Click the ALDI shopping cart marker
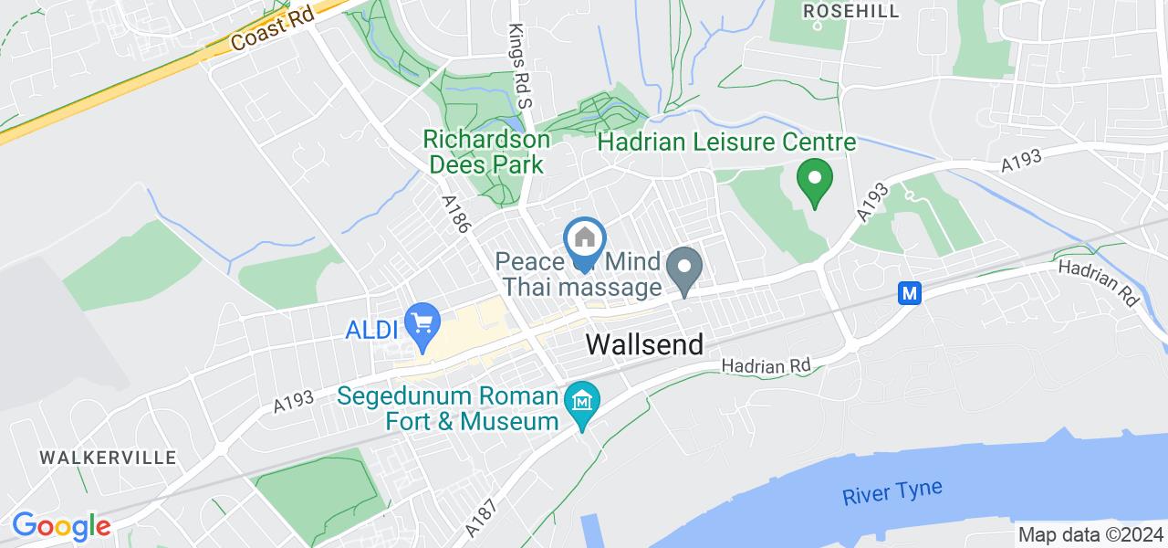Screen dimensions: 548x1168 pos(422,324)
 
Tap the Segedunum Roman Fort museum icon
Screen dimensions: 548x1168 pos(581,401)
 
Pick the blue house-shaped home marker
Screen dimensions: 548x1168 pos(584,239)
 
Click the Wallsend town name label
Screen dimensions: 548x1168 pos(644,344)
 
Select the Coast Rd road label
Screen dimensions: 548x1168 pos(271,30)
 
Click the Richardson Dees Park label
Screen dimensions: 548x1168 pos(486,153)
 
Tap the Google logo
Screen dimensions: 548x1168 pos(61,526)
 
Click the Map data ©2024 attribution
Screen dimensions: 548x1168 pos(1090,535)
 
